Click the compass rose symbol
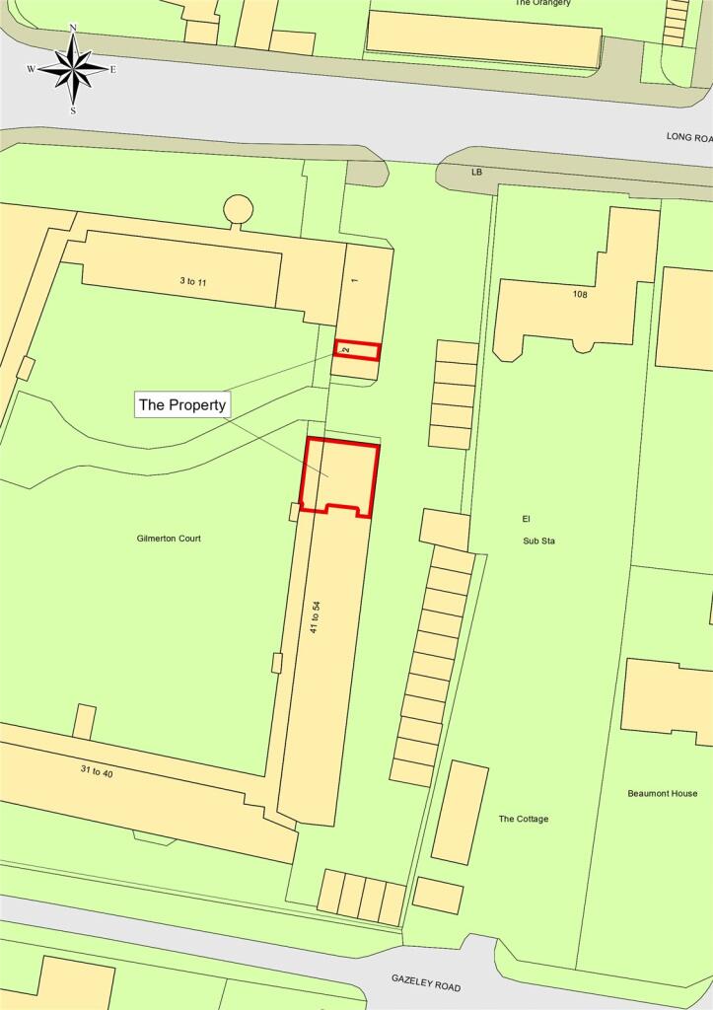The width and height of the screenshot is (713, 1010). [73, 69]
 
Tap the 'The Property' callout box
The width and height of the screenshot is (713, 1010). [182, 404]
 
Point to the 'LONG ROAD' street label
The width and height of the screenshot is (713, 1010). [688, 138]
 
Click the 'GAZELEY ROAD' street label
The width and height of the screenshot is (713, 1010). [425, 982]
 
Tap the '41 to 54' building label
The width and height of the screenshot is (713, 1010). [316, 616]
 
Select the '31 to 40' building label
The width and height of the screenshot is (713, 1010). [96, 772]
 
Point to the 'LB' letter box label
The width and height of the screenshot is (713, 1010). [476, 173]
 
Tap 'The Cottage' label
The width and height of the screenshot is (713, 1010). [524, 819]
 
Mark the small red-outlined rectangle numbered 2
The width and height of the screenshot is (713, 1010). [357, 350]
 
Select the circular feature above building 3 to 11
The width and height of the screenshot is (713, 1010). [238, 209]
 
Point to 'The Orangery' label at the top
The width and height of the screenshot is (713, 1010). [542, 3]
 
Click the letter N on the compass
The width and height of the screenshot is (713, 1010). [73, 29]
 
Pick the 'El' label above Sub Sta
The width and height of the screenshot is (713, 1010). [526, 518]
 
